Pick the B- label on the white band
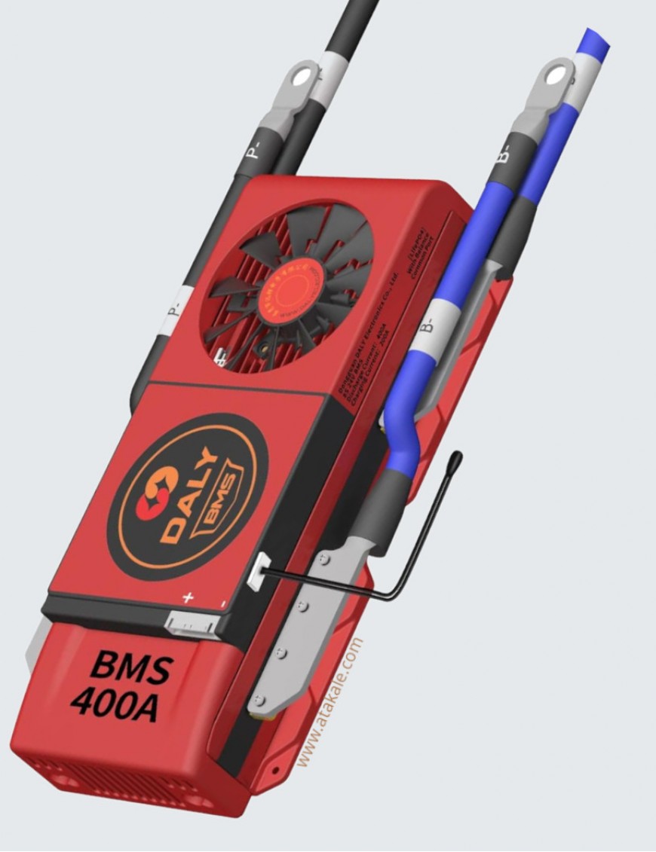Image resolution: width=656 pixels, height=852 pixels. pyautogui.click(x=429, y=325)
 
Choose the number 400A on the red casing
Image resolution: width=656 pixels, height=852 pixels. pyautogui.click(x=115, y=704)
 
